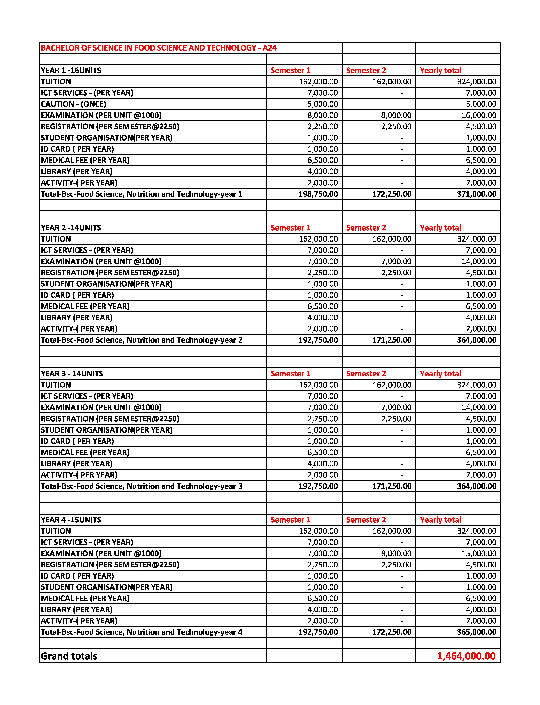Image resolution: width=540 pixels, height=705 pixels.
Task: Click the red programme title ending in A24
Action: click(159, 48)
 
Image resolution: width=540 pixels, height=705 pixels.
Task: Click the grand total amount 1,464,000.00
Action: click(466, 656)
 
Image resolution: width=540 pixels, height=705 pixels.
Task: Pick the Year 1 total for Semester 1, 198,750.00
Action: click(318, 194)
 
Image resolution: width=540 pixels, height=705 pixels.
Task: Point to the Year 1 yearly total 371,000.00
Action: click(476, 194)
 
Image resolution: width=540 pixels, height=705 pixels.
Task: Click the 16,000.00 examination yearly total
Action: click(479, 115)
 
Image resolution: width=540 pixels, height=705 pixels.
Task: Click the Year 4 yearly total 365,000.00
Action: click(476, 632)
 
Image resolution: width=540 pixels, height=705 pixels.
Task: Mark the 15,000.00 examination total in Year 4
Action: click(479, 553)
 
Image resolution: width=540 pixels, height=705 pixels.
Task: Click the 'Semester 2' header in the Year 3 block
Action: click(366, 374)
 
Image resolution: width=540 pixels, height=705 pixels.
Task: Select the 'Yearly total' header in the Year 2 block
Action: click(440, 228)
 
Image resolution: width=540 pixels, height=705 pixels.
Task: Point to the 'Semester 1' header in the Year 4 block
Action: click(290, 520)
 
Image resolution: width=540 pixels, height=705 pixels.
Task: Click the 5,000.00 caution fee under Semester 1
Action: click(322, 104)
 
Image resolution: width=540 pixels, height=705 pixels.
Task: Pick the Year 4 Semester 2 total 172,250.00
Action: click(392, 632)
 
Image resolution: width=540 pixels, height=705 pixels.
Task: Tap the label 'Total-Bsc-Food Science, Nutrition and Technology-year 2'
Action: click(141, 340)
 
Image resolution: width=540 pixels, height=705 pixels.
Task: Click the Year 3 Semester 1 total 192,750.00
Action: click(318, 486)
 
